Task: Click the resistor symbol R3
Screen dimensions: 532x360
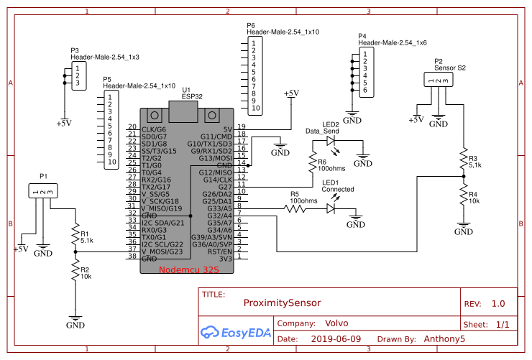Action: [464, 159]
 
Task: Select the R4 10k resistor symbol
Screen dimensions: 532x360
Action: [464, 195]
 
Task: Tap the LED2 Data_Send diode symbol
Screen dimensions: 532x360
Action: [331, 141]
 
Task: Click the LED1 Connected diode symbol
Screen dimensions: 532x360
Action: [331, 208]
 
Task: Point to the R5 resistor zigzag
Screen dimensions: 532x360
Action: [295, 208]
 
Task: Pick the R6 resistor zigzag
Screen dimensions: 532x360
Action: [313, 162]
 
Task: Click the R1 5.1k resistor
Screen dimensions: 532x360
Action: [75, 234]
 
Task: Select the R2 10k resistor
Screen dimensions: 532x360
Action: [75, 270]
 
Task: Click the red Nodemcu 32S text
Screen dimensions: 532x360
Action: [189, 270]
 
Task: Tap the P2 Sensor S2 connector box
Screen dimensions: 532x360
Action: [439, 80]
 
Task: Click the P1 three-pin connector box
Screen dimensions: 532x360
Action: [43, 191]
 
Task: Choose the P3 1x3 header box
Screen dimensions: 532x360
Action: [79, 76]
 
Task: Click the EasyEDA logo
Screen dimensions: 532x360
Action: [236, 332]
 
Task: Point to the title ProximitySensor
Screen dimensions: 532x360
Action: [282, 303]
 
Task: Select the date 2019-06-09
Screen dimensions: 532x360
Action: [336, 339]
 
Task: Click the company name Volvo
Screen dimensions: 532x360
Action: [336, 323]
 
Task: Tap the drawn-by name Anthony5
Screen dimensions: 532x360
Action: [444, 339]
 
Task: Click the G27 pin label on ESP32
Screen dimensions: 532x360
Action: [225, 187]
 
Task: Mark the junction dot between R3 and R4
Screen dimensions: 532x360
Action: [464, 176]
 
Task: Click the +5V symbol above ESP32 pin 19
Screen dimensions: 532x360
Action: [291, 94]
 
